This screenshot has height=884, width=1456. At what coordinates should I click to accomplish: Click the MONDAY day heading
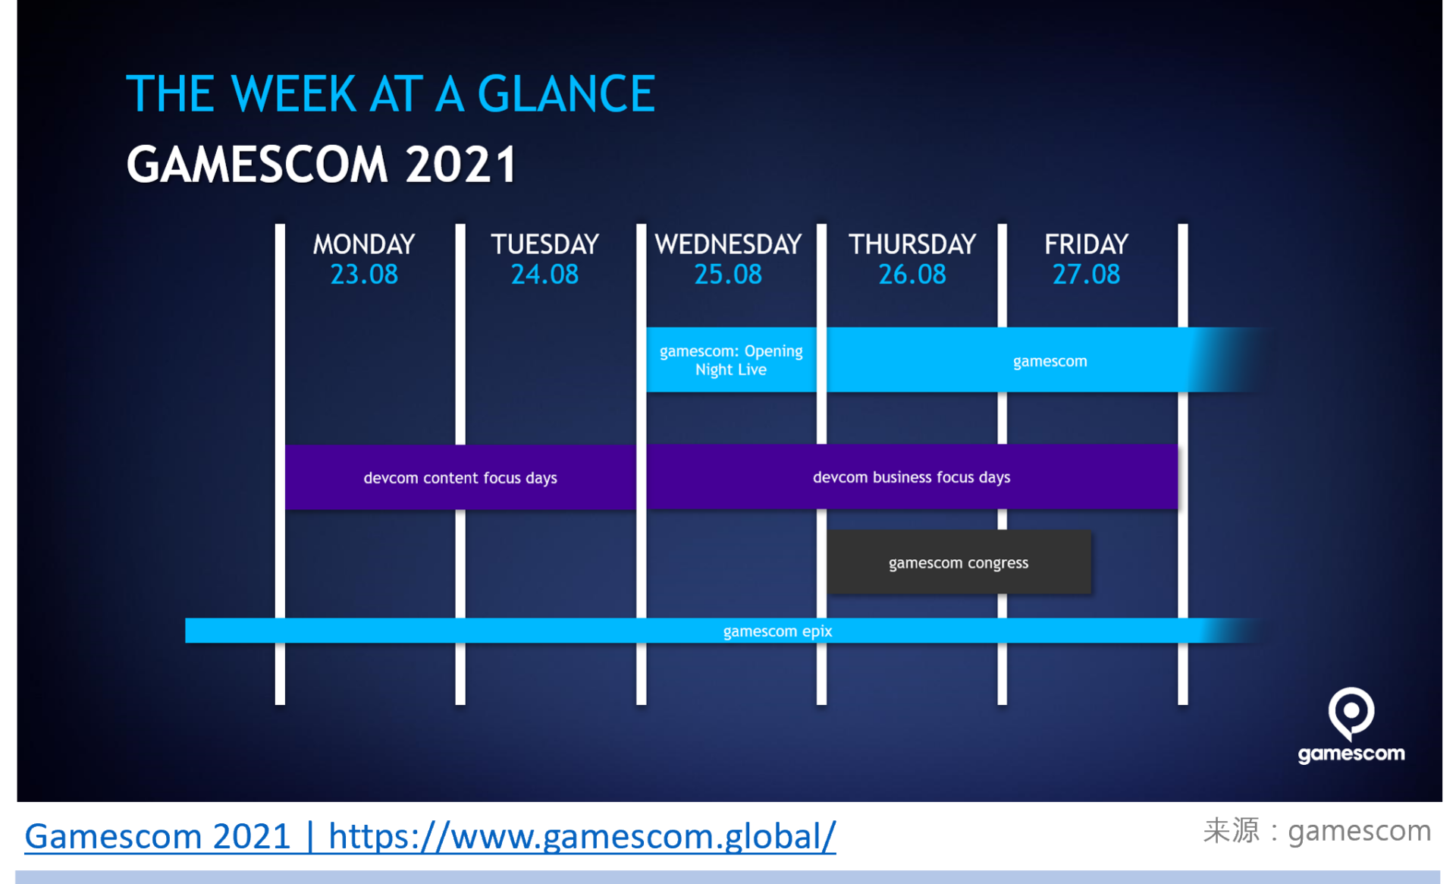pyautogui.click(x=364, y=244)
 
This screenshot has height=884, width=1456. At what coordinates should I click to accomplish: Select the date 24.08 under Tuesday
pyautogui.click(x=544, y=274)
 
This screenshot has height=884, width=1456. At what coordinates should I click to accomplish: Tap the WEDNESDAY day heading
pyautogui.click(x=728, y=244)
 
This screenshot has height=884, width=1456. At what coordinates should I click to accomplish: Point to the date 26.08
pyautogui.click(x=912, y=274)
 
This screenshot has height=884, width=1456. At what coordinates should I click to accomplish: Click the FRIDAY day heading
pyautogui.click(x=1086, y=244)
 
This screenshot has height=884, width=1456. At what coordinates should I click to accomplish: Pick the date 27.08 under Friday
pyautogui.click(x=1086, y=274)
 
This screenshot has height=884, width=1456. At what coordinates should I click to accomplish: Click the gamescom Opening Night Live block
pyautogui.click(x=732, y=360)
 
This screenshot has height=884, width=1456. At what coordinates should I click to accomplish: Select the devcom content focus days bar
pyautogui.click(x=460, y=477)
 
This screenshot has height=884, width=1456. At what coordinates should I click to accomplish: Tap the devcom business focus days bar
pyautogui.click(x=912, y=477)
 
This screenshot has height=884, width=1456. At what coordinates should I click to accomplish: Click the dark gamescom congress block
pyautogui.click(x=959, y=562)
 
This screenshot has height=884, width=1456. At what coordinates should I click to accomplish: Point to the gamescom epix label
pyautogui.click(x=777, y=631)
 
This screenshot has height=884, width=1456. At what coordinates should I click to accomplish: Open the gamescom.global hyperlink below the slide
pyautogui.click(x=430, y=836)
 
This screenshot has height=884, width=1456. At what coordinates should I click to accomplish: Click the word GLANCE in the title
pyautogui.click(x=566, y=94)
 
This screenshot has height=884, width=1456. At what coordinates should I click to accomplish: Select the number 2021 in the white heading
pyautogui.click(x=460, y=165)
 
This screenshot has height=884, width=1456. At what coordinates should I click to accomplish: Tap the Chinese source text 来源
pyautogui.click(x=1231, y=831)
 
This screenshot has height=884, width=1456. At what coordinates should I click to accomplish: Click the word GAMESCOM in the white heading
pyautogui.click(x=257, y=165)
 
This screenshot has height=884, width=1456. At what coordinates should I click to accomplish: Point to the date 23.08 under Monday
pyautogui.click(x=364, y=274)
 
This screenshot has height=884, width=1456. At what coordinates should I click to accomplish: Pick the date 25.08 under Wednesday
pyautogui.click(x=728, y=274)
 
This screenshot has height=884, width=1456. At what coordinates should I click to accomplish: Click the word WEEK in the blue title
pyautogui.click(x=293, y=94)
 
